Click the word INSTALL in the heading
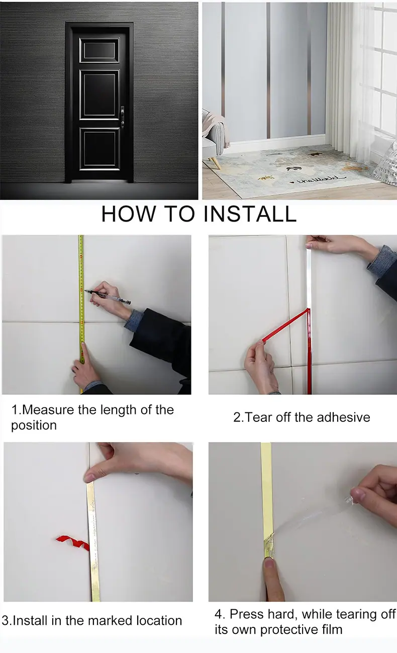(250, 214)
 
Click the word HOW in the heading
(129, 214)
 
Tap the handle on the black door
(123, 117)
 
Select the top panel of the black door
(100, 50)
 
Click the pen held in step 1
(108, 297)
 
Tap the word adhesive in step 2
(343, 417)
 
